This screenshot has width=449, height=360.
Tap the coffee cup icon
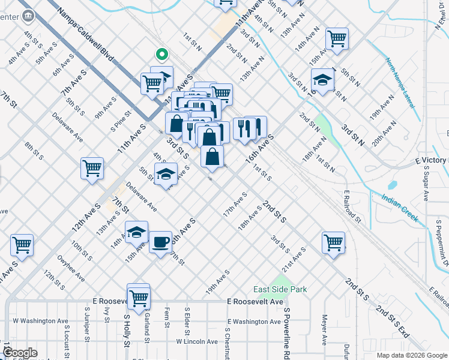[x=160, y=242]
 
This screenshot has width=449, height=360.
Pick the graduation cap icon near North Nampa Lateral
[x=322, y=80]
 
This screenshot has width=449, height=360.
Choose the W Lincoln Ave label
[x=197, y=341]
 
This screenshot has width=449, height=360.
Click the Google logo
[x=20, y=353]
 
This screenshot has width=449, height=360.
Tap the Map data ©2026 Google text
[x=412, y=355]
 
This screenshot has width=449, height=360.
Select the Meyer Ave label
[x=324, y=330]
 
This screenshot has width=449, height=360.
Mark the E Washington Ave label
[x=249, y=322]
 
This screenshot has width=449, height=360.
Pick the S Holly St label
[x=127, y=331]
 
